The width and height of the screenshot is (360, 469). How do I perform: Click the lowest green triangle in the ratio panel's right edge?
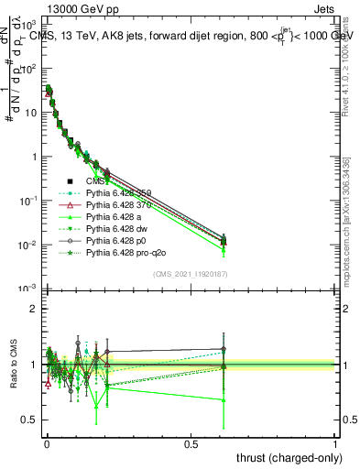pos(223,399)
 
